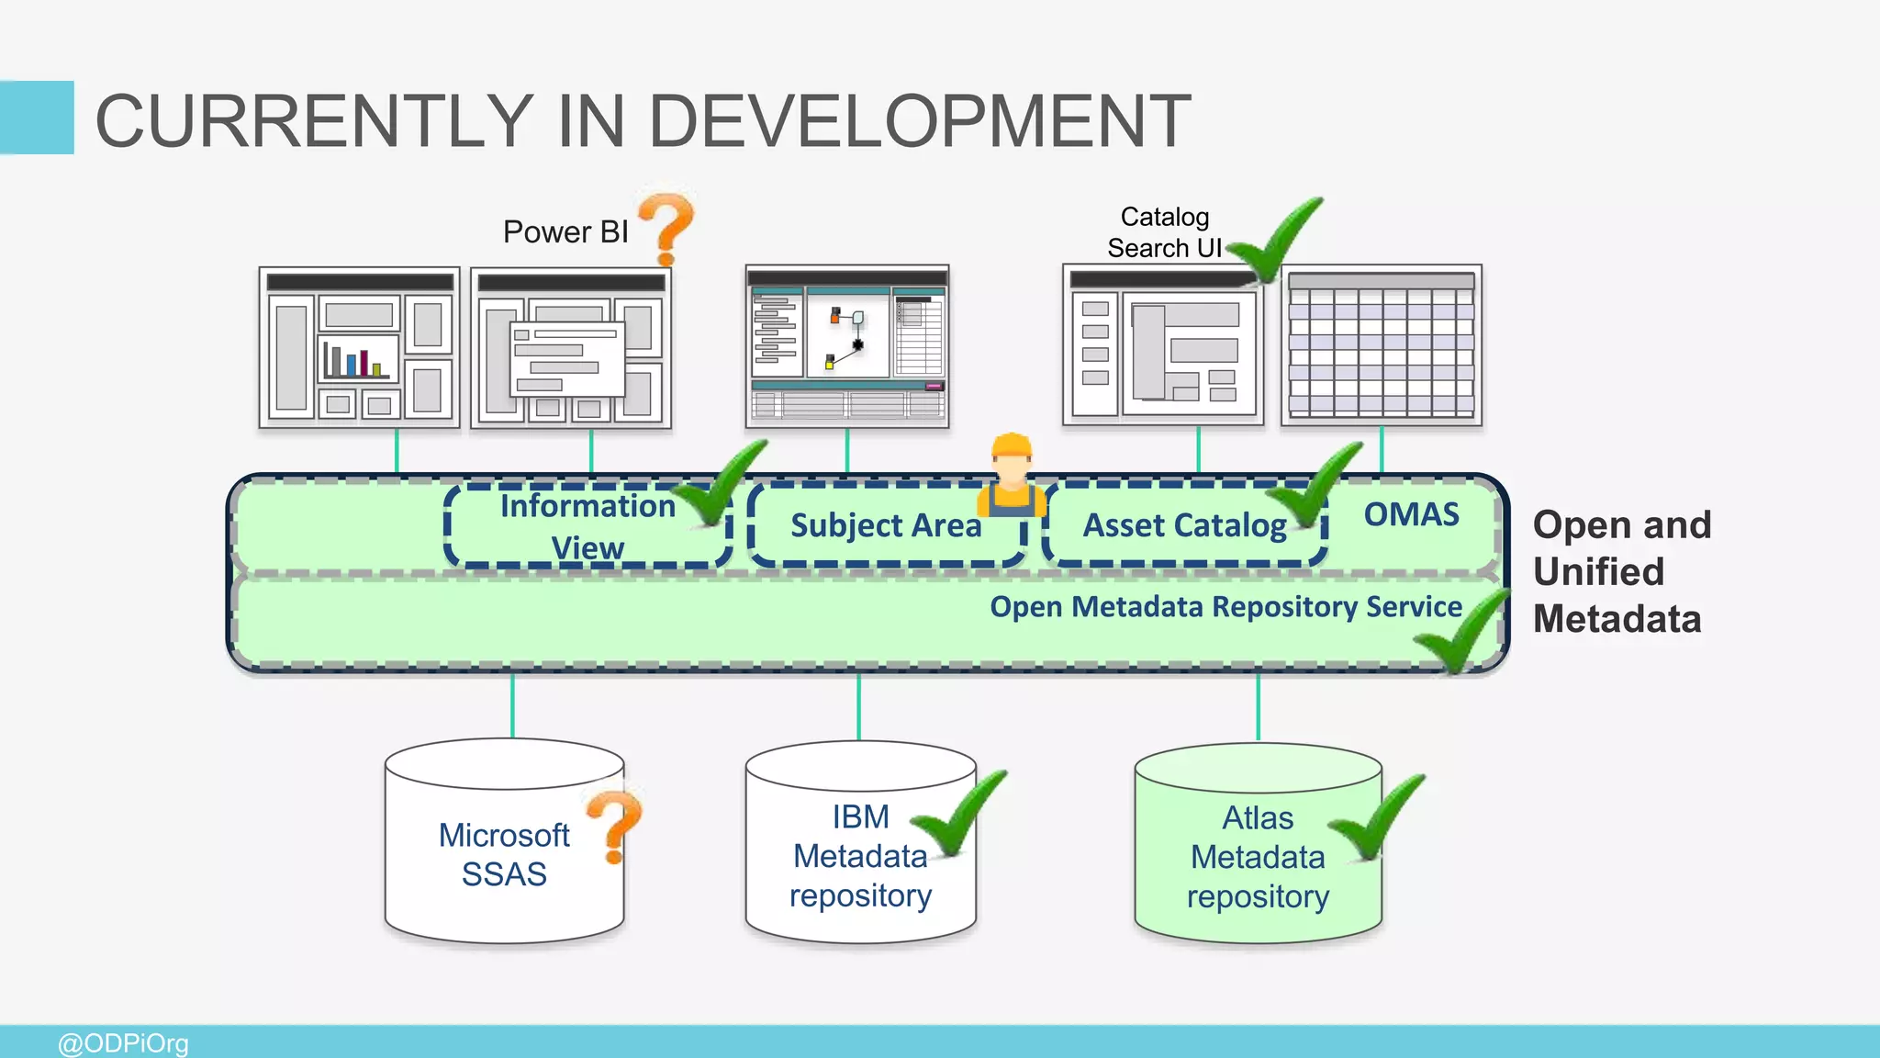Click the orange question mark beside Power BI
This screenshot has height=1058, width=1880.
(x=667, y=227)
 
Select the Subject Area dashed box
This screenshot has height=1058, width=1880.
(x=886, y=525)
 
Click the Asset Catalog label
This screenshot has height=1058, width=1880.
(x=1184, y=525)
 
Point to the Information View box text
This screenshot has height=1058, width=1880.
(x=587, y=526)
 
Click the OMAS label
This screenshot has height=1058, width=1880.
(x=1411, y=514)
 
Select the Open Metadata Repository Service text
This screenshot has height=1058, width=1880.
(x=1225, y=607)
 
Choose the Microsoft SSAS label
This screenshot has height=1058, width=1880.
(x=504, y=854)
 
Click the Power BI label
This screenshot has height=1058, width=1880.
(x=565, y=231)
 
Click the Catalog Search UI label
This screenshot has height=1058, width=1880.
(x=1164, y=232)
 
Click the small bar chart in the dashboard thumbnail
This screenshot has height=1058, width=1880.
(x=357, y=361)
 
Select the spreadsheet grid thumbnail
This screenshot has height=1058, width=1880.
(x=1382, y=345)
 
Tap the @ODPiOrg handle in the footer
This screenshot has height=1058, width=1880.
(x=123, y=1043)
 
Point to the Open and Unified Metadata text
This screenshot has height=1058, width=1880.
(x=1621, y=571)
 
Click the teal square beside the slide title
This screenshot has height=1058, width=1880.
(x=37, y=118)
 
